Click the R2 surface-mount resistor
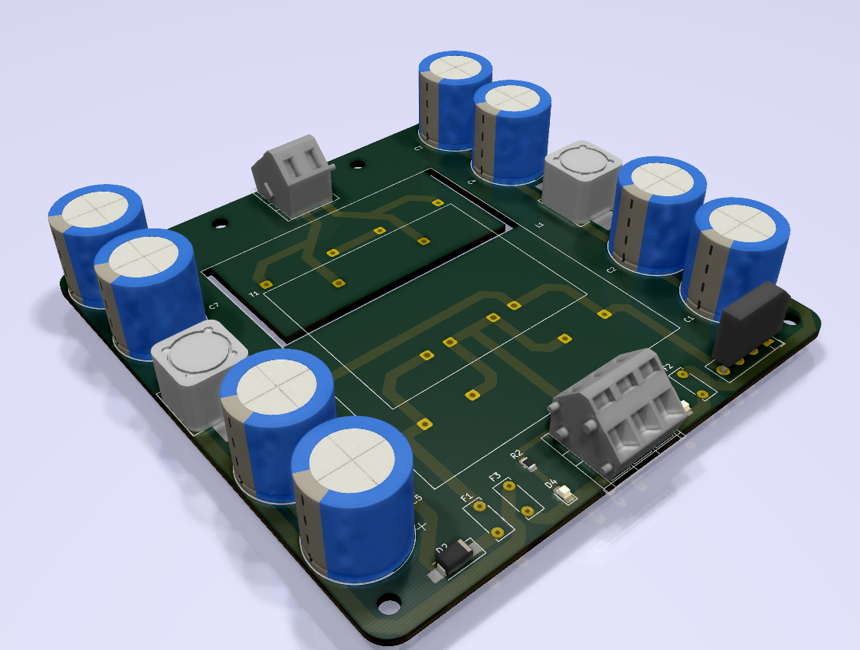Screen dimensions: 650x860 click(528, 463)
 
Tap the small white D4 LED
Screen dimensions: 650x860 click(566, 494)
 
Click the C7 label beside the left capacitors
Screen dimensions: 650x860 click(214, 306)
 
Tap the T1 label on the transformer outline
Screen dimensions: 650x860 click(254, 294)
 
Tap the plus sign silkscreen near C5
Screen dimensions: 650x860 click(420, 526)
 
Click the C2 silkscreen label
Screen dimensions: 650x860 click(611, 270)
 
